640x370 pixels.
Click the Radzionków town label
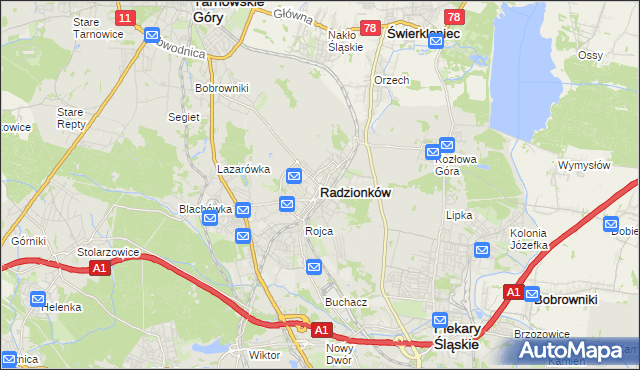355,191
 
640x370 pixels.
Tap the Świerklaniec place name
422,33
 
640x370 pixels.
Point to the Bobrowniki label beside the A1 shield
566,298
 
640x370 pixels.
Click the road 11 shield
124,18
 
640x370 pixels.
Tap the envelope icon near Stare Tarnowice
152,36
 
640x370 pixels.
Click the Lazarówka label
244,169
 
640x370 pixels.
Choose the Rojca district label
319,231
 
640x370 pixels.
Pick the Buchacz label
346,301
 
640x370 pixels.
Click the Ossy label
591,56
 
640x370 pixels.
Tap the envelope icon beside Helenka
38,298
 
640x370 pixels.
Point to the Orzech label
391,80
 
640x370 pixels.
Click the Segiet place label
184,117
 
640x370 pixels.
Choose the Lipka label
458,215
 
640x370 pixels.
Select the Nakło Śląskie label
345,40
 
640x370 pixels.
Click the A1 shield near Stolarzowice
98,268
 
